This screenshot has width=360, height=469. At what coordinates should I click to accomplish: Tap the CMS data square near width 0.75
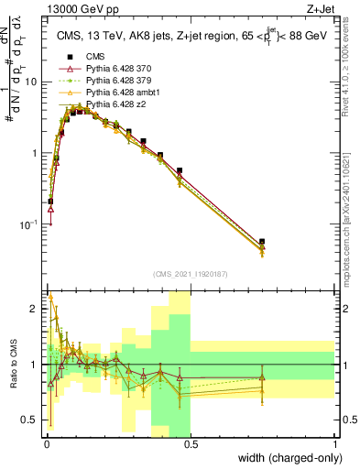(262, 242)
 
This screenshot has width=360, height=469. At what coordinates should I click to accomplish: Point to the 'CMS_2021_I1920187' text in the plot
(190, 272)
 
